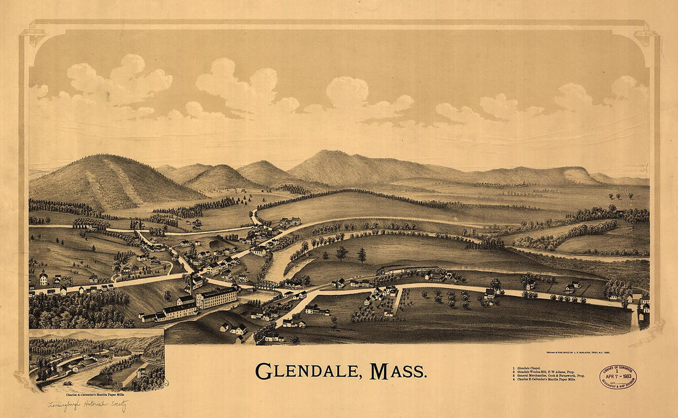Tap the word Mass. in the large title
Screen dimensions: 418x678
coord(398,372)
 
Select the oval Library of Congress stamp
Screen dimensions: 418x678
coord(618,376)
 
